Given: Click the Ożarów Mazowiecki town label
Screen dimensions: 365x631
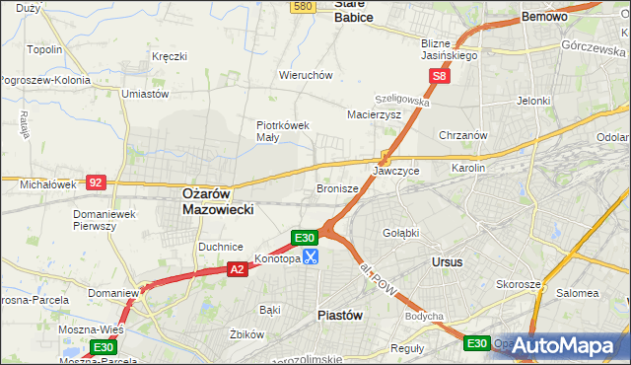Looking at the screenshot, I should pos(219,202).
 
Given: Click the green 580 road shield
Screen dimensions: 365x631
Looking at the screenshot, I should pos(303,7).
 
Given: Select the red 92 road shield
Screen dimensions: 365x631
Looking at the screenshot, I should pos(96,182).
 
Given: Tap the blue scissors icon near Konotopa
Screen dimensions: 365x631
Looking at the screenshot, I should pos(311,258).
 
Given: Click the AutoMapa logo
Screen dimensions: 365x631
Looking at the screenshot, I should pos(571,346).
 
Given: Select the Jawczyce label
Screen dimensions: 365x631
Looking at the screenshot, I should pos(396,171).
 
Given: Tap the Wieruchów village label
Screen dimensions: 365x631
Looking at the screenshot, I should pos(305,75).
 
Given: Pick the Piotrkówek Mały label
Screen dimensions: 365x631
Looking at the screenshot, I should pos(284,131).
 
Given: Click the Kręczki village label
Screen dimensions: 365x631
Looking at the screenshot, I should pos(170,56).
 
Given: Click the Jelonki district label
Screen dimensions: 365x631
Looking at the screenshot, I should pos(532,101).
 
